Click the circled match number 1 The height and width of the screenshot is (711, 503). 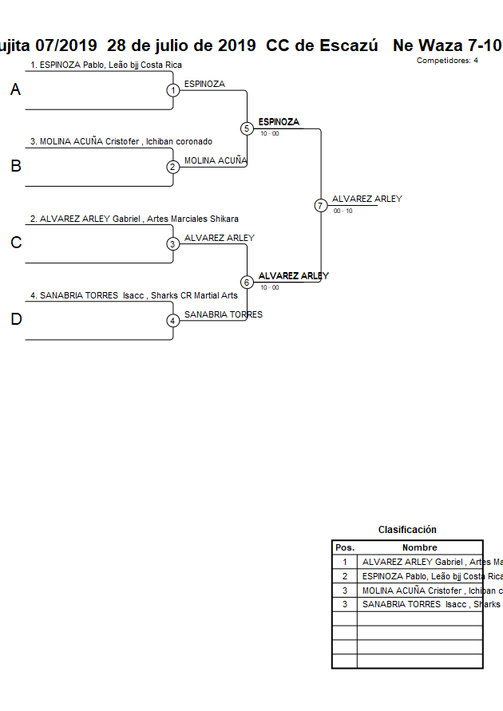point(173,90)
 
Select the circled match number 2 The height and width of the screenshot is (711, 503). point(173,167)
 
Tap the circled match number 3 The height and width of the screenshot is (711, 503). point(173,244)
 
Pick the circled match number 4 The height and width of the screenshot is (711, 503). point(173,321)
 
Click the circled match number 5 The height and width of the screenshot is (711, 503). point(247,128)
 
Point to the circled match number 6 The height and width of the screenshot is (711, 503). point(247,282)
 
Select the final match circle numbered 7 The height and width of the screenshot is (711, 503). point(321,205)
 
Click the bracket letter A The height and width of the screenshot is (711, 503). point(15,90)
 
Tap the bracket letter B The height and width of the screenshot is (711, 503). point(15,167)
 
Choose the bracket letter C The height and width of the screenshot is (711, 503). point(15,243)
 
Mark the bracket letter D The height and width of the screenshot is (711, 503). point(15,320)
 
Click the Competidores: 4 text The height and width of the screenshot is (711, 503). point(447,60)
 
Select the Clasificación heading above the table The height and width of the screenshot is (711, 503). point(407,530)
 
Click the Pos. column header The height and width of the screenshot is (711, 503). point(345,547)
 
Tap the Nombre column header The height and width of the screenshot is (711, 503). point(419,547)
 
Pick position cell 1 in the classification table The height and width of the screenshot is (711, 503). point(345,562)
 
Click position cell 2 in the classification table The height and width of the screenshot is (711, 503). point(345,576)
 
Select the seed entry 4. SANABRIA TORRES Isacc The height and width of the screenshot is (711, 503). point(133,295)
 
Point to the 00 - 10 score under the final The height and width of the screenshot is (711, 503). point(343,211)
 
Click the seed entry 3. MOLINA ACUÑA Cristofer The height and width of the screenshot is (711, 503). point(121,141)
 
